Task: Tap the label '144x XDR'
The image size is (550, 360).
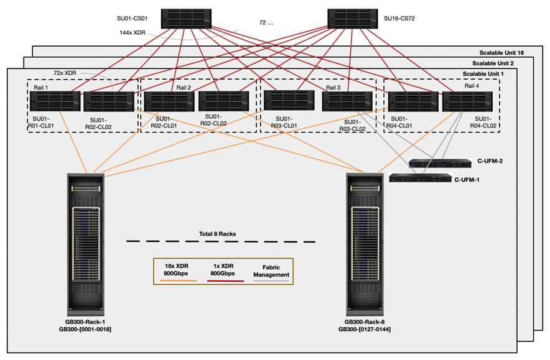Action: tap(134, 32)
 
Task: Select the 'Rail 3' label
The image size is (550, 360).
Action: tap(334, 88)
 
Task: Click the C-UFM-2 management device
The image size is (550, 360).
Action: tap(440, 164)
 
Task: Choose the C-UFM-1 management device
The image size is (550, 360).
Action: tap(419, 178)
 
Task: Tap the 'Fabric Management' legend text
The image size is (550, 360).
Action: tap(271, 270)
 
